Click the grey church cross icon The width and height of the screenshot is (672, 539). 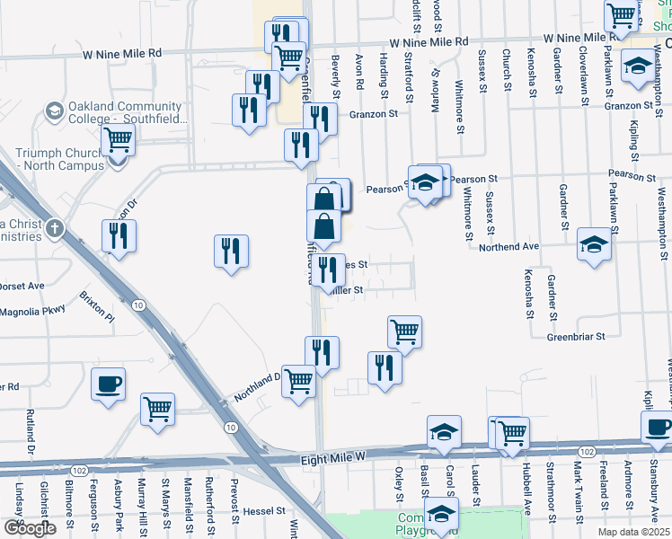(x=55, y=229)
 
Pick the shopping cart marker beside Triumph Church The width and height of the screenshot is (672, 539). (x=118, y=142)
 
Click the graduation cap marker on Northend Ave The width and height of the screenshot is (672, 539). (x=594, y=244)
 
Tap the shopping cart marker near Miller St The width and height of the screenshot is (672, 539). (x=405, y=331)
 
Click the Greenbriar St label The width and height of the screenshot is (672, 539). (x=576, y=337)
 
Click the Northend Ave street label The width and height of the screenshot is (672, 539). (x=508, y=246)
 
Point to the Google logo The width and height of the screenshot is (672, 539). (x=30, y=528)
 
